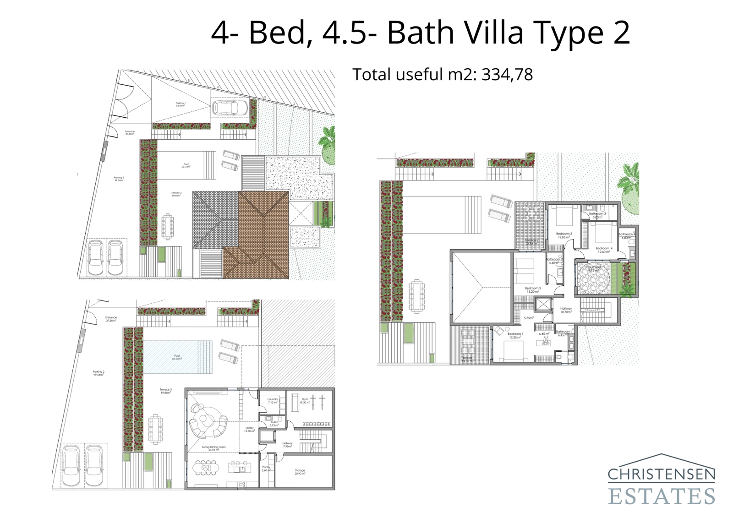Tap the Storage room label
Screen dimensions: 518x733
(x=300, y=471)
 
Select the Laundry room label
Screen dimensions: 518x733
(x=273, y=400)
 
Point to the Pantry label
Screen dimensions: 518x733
(x=266, y=468)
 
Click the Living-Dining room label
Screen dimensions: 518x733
(x=213, y=448)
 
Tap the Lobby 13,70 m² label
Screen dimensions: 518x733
(x=249, y=429)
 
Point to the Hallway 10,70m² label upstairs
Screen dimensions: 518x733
(x=566, y=310)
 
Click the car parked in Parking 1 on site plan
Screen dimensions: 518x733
(x=230, y=109)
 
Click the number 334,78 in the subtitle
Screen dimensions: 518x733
(x=507, y=75)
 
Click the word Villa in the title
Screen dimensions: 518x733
(x=493, y=33)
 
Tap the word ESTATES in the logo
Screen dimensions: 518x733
(x=661, y=496)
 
